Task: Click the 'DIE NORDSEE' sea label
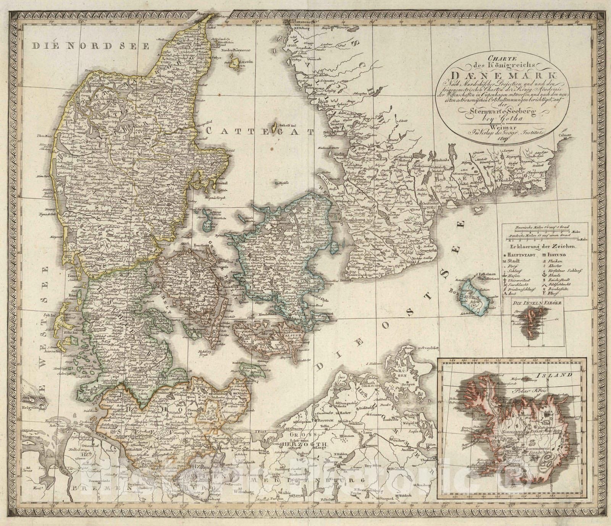90,46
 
